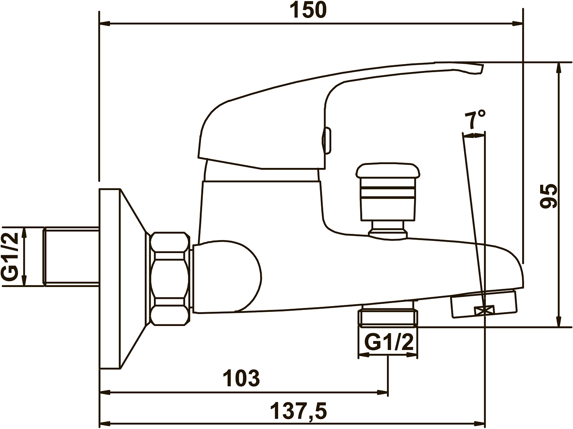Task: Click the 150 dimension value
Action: pos(309,10)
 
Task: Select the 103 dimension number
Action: pos(242,378)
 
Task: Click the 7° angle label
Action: pos(475,119)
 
